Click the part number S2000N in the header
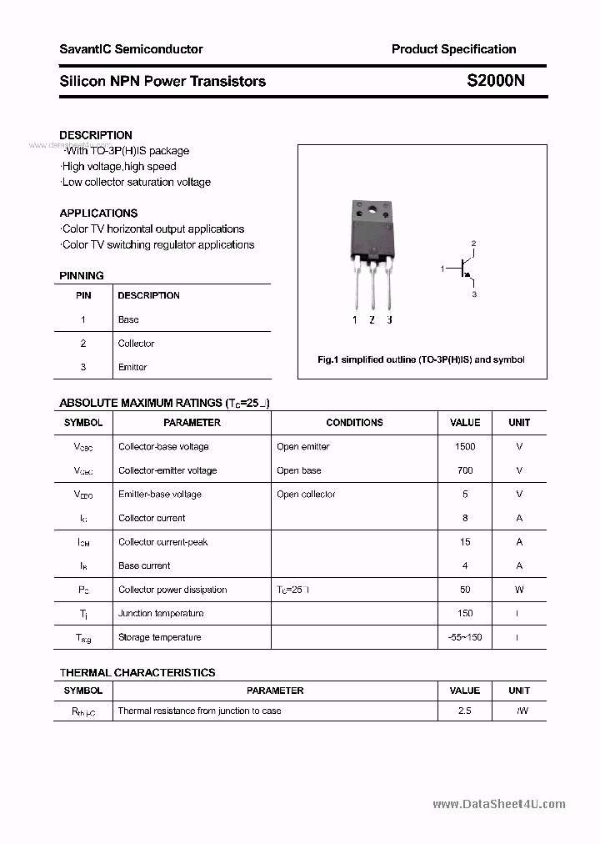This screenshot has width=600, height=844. (495, 81)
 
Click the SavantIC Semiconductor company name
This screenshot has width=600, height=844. (131, 49)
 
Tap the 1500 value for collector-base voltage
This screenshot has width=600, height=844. (465, 446)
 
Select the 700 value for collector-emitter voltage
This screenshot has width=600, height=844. (465, 470)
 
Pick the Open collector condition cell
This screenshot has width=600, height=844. (306, 494)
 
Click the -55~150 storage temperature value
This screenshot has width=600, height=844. (465, 637)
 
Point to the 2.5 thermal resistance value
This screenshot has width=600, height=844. (465, 711)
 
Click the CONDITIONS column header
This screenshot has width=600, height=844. (354, 423)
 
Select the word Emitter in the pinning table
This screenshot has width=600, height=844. (132, 367)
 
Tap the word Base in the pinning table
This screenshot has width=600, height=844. (128, 319)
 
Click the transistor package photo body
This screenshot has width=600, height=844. (371, 234)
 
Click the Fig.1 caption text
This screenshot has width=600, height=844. (421, 359)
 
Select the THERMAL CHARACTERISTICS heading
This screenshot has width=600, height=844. (137, 672)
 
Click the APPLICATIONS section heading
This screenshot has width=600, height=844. (98, 213)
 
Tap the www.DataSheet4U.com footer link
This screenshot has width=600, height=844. (499, 804)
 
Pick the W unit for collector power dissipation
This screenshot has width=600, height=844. (519, 590)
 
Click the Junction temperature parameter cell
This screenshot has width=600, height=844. (161, 613)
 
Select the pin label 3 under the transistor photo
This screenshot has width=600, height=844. (389, 319)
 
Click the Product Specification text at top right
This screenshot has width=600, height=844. (453, 49)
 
